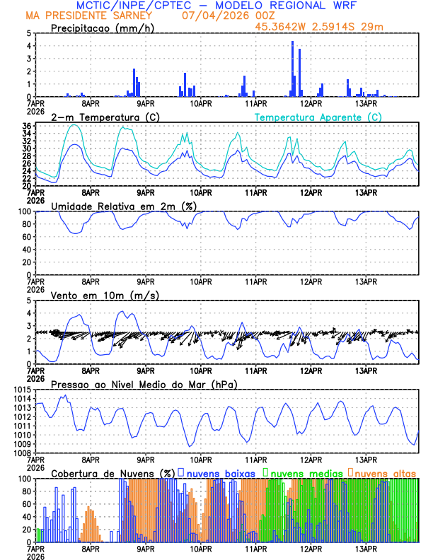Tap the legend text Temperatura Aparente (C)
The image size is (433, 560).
(318, 117)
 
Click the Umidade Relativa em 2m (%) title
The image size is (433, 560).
(124, 206)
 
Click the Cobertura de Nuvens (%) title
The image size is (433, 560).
(112, 472)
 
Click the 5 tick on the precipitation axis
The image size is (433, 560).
(28, 33)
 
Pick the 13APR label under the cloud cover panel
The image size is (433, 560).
(366, 548)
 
